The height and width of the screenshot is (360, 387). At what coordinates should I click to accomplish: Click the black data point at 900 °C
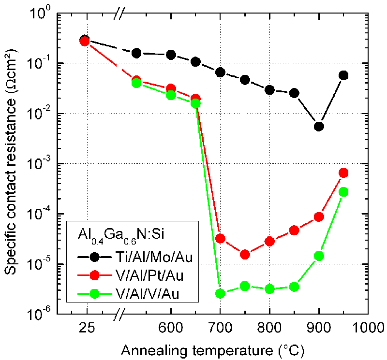[x=319, y=127]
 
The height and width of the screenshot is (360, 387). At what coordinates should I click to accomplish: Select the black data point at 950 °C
[x=343, y=75]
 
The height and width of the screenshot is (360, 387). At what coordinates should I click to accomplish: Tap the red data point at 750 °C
[x=245, y=254]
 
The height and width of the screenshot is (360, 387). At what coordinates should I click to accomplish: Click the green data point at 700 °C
[x=220, y=293]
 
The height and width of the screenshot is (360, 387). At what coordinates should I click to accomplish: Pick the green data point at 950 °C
[x=343, y=192]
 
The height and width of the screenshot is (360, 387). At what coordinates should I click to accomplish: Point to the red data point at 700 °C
[x=220, y=238]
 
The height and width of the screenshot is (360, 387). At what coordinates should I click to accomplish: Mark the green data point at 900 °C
[x=319, y=256]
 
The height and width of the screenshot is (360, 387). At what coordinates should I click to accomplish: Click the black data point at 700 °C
[x=220, y=72]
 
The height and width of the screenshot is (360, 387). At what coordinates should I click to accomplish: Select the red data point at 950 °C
[x=343, y=173]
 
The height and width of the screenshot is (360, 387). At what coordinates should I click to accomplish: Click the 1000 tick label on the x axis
[x=368, y=327]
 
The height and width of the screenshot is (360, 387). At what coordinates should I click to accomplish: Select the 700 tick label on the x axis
[x=220, y=327]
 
